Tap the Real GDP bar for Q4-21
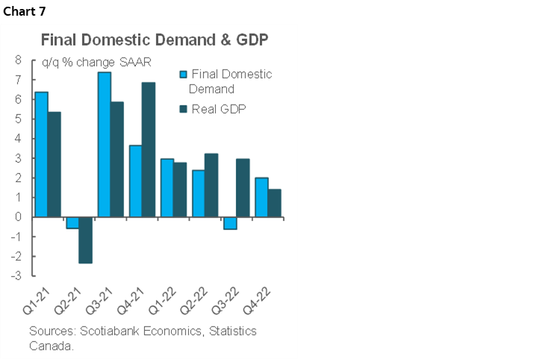pos(149,149)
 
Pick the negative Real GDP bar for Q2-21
pos(86,240)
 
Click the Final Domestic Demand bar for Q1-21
pos(42,154)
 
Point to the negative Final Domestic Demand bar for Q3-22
pos(230,223)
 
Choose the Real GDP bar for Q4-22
pos(274,202)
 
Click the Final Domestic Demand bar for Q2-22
pos(199,193)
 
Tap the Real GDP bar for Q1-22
pos(180,190)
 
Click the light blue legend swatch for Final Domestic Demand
pos(182,75)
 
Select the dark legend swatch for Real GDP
pos(182,109)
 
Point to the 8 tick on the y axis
pos(17,60)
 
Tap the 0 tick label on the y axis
pos(17,217)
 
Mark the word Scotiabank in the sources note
pos(102,331)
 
